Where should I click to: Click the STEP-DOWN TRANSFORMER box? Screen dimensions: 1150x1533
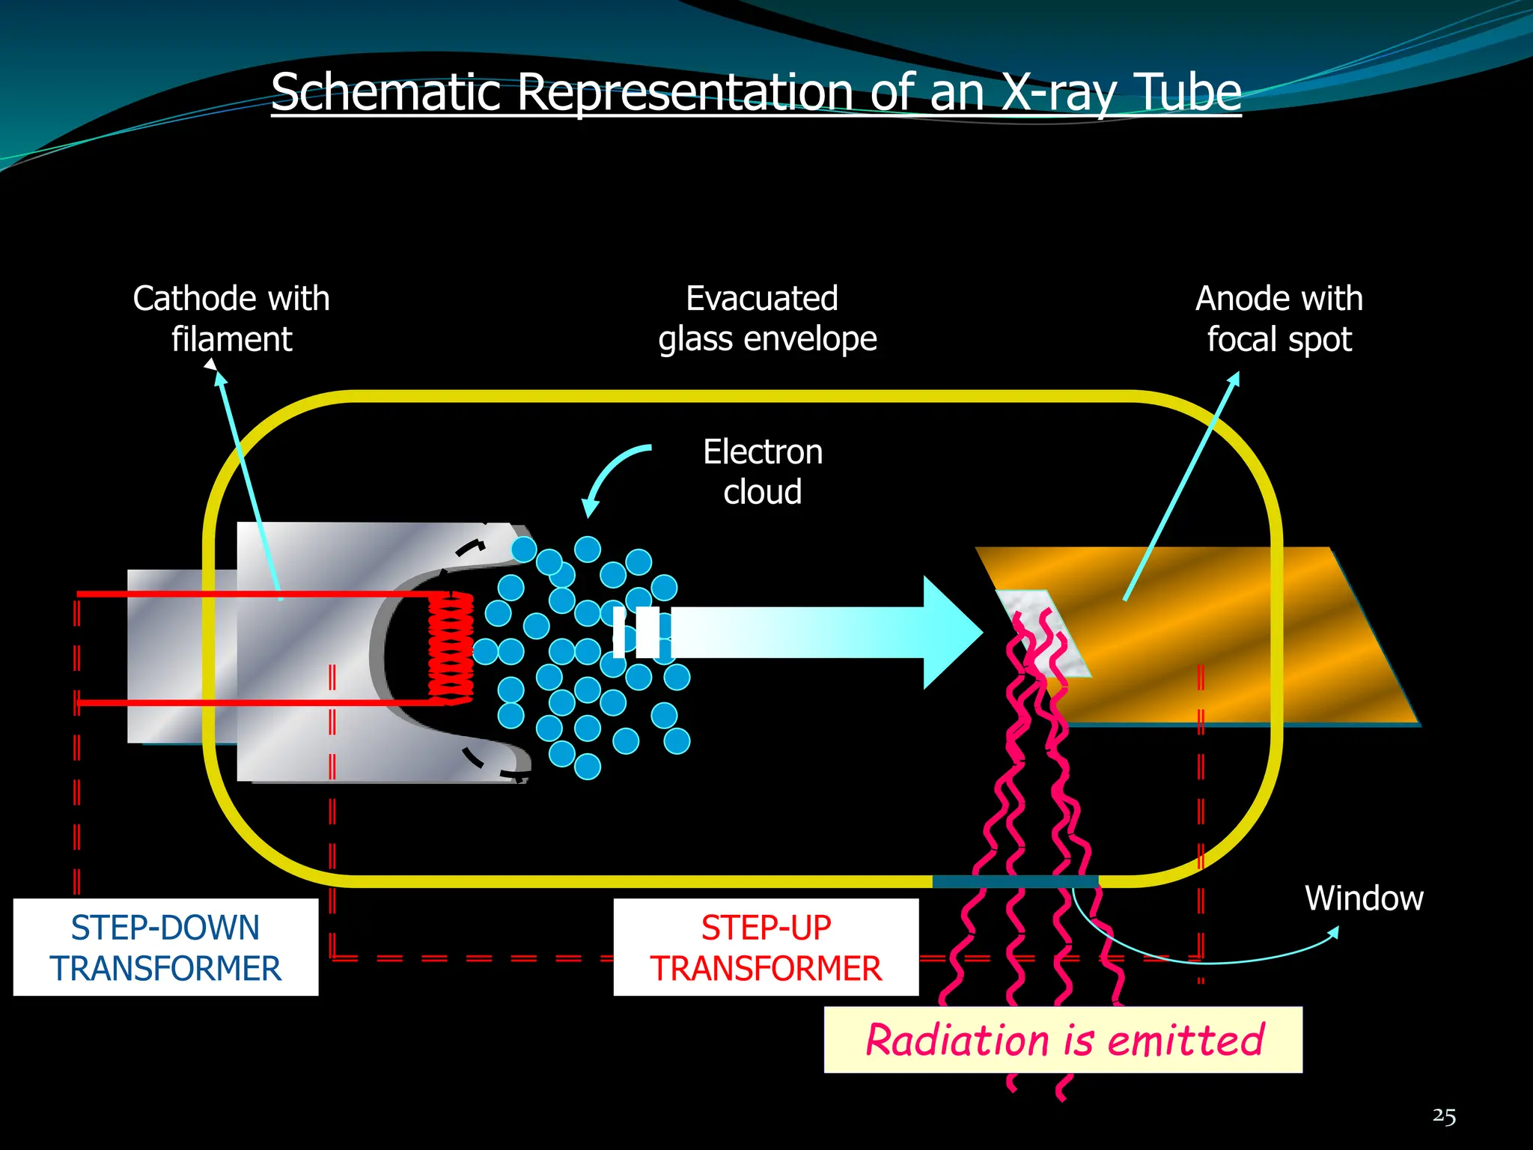165,947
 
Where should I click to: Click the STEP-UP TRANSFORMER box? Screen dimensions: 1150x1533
766,947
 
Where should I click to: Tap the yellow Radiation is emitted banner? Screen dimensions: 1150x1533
1063,1040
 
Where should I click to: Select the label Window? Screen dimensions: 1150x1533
1364,898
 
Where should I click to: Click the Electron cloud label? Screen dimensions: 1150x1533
763,472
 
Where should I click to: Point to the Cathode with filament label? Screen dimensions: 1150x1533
231,318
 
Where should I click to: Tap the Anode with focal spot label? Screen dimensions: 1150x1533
1279,318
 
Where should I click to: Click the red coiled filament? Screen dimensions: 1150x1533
451,648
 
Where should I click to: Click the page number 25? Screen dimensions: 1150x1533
1444,1116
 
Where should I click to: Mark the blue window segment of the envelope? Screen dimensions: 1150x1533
1015,881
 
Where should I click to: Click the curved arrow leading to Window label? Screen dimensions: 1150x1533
1198,958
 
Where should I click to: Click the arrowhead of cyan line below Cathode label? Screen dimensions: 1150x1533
219,377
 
